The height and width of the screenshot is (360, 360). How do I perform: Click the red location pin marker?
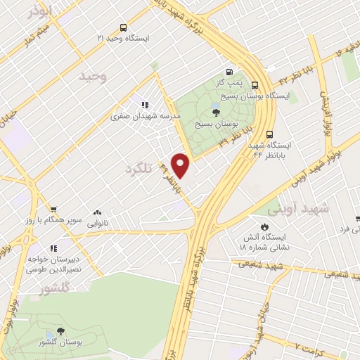(181, 166)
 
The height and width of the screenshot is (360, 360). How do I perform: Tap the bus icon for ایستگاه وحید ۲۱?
(124, 28)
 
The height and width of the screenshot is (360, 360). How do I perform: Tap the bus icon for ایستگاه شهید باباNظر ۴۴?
(270, 134)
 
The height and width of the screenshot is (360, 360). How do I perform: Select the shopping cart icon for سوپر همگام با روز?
(53, 209)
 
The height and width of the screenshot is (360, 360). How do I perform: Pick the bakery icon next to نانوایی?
(97, 211)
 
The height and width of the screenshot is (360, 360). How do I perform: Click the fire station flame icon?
(264, 227)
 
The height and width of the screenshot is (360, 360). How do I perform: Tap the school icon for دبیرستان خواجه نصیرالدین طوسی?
(53, 248)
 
